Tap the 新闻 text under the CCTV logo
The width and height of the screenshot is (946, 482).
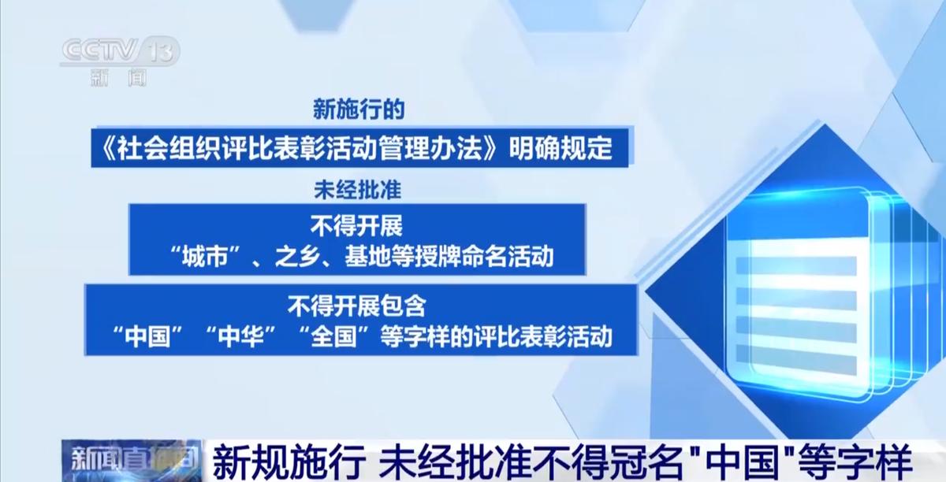119,79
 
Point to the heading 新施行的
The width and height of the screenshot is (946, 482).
359,109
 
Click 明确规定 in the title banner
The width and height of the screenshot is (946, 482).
560,148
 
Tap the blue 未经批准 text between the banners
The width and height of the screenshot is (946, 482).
358,190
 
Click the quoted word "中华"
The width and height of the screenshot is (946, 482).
240,336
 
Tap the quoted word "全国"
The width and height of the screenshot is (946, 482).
333,336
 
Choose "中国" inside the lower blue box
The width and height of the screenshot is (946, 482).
148,336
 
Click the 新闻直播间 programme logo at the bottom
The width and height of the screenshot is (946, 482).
132,461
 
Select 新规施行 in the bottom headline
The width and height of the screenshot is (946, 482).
289,462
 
